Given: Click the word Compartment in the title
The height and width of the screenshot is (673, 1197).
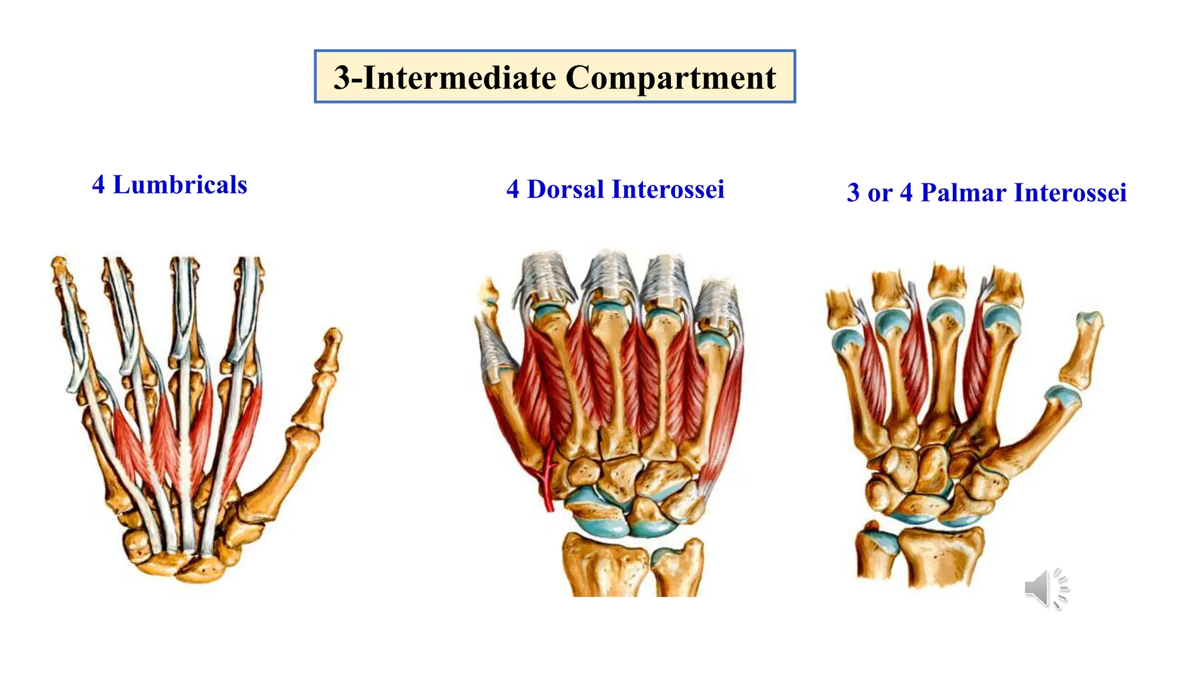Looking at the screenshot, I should pos(671,78).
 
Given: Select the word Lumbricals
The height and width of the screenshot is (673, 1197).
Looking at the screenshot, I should pos(180,185).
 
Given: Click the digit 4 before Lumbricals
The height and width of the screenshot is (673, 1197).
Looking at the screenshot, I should pos(99,185).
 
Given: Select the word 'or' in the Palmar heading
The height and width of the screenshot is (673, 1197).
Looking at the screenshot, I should pos(880,193).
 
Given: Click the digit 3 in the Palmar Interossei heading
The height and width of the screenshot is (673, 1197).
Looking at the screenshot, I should pos(853,193).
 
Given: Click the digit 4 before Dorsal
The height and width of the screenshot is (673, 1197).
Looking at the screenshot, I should pos(513,189).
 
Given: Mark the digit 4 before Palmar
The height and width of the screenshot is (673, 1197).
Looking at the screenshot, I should pos(906,193).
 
